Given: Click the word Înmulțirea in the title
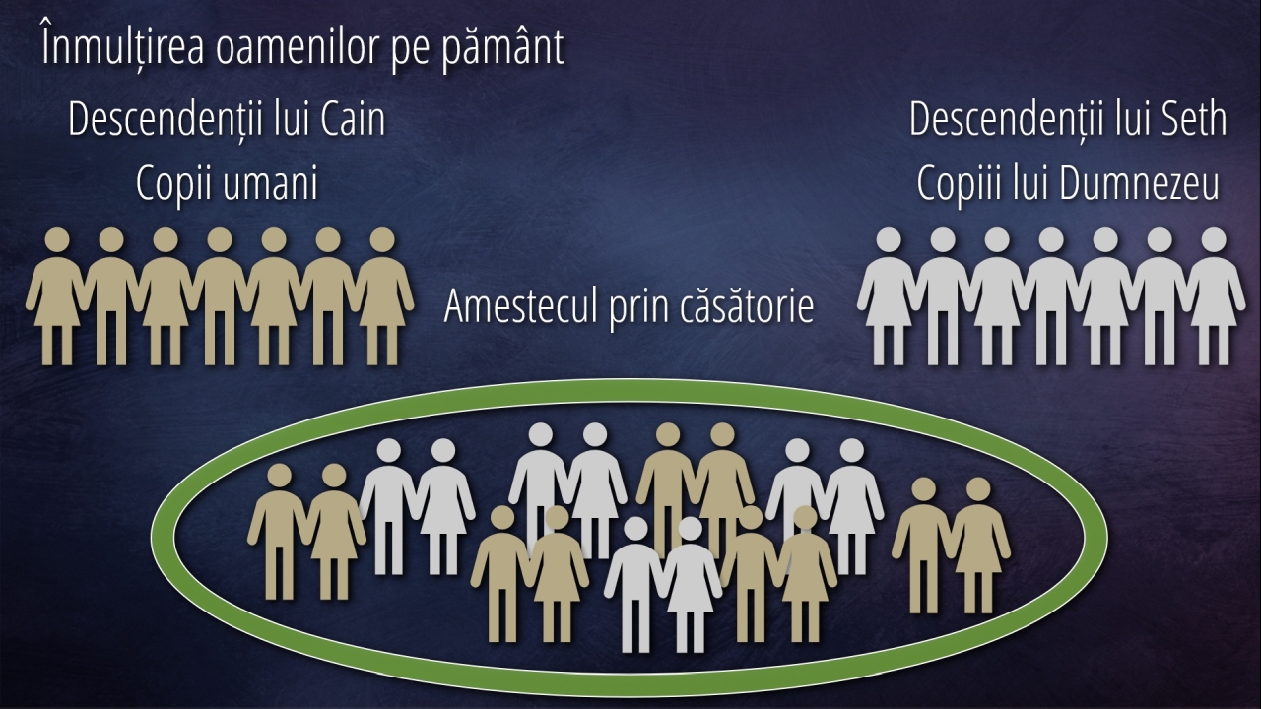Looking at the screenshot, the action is (x=123, y=45).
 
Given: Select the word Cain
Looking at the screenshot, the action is (x=353, y=119).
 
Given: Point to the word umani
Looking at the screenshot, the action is (x=271, y=184).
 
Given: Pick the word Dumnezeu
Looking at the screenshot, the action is (x=1139, y=183).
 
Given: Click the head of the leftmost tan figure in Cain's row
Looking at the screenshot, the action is (x=57, y=240).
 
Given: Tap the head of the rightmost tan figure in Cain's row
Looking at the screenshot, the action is (x=382, y=240).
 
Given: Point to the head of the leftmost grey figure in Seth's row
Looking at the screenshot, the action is (x=889, y=240).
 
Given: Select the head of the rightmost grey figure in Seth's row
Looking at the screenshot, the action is (x=1214, y=240).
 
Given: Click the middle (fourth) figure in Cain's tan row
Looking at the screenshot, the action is (x=220, y=296).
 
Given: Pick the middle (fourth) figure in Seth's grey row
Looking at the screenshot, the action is (x=1051, y=296).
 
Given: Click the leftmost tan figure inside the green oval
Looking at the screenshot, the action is (x=279, y=532).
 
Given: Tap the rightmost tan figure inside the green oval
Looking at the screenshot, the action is (x=978, y=546).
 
